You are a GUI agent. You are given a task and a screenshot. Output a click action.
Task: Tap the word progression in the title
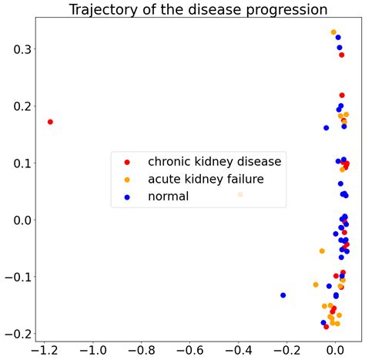[282, 10]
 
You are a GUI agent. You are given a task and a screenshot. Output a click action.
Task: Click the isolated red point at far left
[50, 122]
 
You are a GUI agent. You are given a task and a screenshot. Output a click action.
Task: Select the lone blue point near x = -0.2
[283, 295]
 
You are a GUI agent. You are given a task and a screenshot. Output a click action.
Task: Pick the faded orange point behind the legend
[240, 194]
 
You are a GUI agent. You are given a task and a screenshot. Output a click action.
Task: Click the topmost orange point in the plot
[333, 32]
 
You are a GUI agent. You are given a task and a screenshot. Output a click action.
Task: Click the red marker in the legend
[128, 162]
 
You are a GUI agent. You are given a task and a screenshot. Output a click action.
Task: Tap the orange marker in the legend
[128, 180]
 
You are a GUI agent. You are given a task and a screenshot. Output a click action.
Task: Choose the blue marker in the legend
[128, 197]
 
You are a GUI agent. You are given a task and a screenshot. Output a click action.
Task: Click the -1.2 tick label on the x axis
[43, 349]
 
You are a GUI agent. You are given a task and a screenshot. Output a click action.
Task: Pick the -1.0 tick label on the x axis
[92, 349]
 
